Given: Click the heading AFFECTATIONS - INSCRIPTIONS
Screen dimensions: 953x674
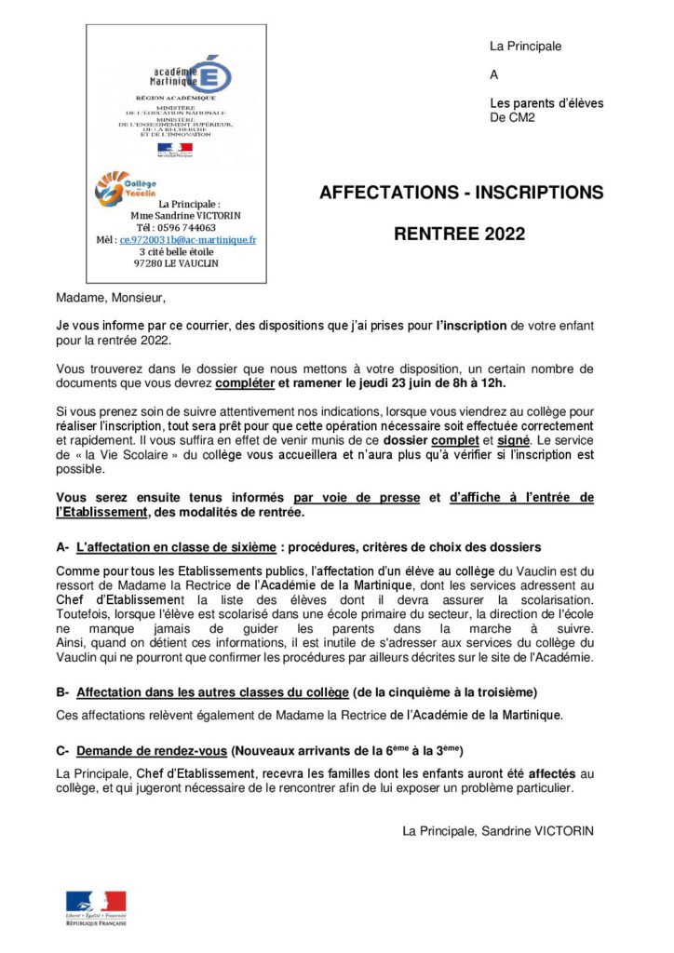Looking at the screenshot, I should click(461, 194).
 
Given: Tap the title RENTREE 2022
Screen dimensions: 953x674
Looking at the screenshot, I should click(459, 235).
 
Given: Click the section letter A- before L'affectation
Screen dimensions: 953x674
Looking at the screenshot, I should click(63, 546).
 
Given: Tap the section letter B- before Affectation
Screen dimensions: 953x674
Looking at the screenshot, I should click(63, 692).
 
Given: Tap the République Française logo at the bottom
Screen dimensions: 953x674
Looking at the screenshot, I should click(96, 908).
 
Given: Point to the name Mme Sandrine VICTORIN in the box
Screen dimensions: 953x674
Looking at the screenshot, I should click(184, 215).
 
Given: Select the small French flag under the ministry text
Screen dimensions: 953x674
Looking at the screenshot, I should click(174, 148).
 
